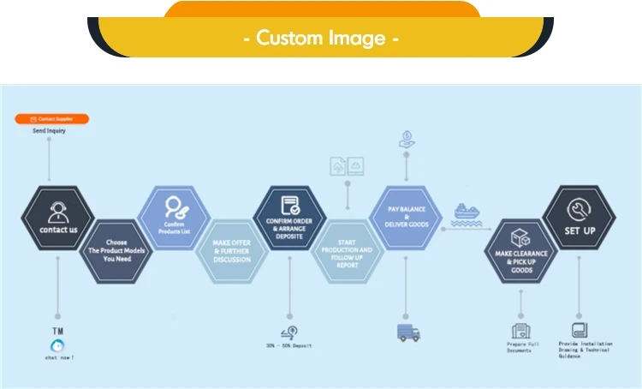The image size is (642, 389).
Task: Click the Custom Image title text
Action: click(x=321, y=38)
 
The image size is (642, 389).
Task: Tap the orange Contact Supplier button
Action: click(x=52, y=119)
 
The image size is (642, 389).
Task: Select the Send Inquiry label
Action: click(x=49, y=131)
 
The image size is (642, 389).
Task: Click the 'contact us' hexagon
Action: click(x=58, y=218)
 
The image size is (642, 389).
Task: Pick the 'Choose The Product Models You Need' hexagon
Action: click(x=117, y=248)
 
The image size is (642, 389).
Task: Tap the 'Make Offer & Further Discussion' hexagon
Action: click(x=232, y=250)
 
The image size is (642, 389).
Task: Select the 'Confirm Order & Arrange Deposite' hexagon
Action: click(x=289, y=218)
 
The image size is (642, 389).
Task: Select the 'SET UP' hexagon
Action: click(x=579, y=218)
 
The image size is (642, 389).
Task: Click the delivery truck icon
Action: click(x=408, y=332)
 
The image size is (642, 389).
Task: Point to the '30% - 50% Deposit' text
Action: click(x=288, y=346)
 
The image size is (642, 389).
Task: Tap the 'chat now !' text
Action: click(x=59, y=357)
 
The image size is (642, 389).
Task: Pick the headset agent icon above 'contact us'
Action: click(x=58, y=210)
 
